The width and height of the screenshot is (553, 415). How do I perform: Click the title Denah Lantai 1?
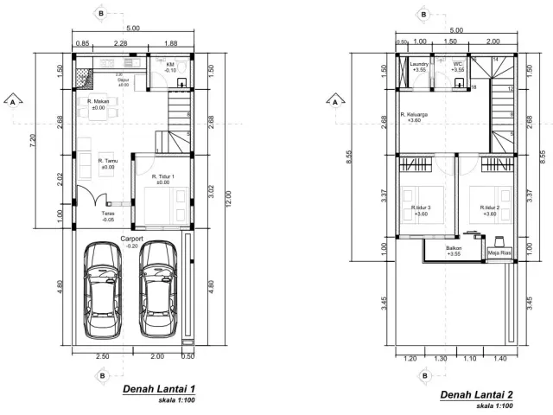159,387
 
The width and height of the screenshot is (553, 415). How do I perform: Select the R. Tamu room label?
108,161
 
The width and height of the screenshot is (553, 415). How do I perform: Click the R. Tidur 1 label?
163,177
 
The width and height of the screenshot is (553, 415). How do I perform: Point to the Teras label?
108,215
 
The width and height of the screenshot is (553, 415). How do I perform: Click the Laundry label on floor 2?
421,65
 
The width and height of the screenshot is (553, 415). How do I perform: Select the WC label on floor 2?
457,65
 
